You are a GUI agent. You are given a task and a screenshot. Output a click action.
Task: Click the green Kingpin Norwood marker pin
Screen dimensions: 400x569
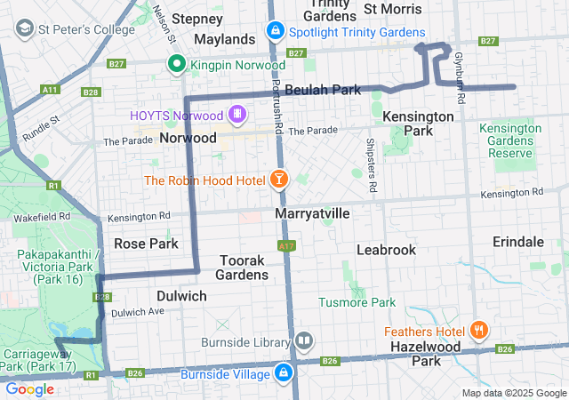click(x=177, y=63)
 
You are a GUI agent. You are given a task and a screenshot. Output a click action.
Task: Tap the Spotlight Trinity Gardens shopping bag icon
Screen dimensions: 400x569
click(x=276, y=32)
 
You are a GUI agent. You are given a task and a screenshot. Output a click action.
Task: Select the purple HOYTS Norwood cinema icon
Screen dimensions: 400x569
click(x=236, y=114)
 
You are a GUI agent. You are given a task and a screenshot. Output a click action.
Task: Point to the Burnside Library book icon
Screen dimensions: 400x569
click(x=304, y=341)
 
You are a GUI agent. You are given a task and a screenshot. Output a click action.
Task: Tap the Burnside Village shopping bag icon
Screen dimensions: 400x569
click(x=284, y=372)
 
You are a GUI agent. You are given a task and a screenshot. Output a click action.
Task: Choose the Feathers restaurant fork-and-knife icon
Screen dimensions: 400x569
click(x=478, y=331)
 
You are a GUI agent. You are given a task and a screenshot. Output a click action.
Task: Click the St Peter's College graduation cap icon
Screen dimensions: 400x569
click(x=22, y=29)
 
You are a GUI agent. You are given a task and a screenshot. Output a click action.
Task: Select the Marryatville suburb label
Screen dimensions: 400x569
click(x=312, y=215)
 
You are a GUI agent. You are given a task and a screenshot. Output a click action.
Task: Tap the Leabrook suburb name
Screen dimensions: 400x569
click(x=386, y=250)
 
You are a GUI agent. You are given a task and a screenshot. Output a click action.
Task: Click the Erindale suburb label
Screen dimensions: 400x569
click(x=518, y=242)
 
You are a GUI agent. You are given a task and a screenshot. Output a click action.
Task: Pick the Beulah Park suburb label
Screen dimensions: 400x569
click(x=323, y=90)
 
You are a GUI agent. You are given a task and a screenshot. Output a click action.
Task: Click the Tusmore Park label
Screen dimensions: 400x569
click(x=357, y=303)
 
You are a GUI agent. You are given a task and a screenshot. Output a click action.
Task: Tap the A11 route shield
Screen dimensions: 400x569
click(x=50, y=89)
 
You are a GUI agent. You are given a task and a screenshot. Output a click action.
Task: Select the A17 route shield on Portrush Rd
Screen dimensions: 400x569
click(x=285, y=245)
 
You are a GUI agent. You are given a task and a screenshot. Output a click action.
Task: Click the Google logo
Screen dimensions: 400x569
click(x=30, y=389)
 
